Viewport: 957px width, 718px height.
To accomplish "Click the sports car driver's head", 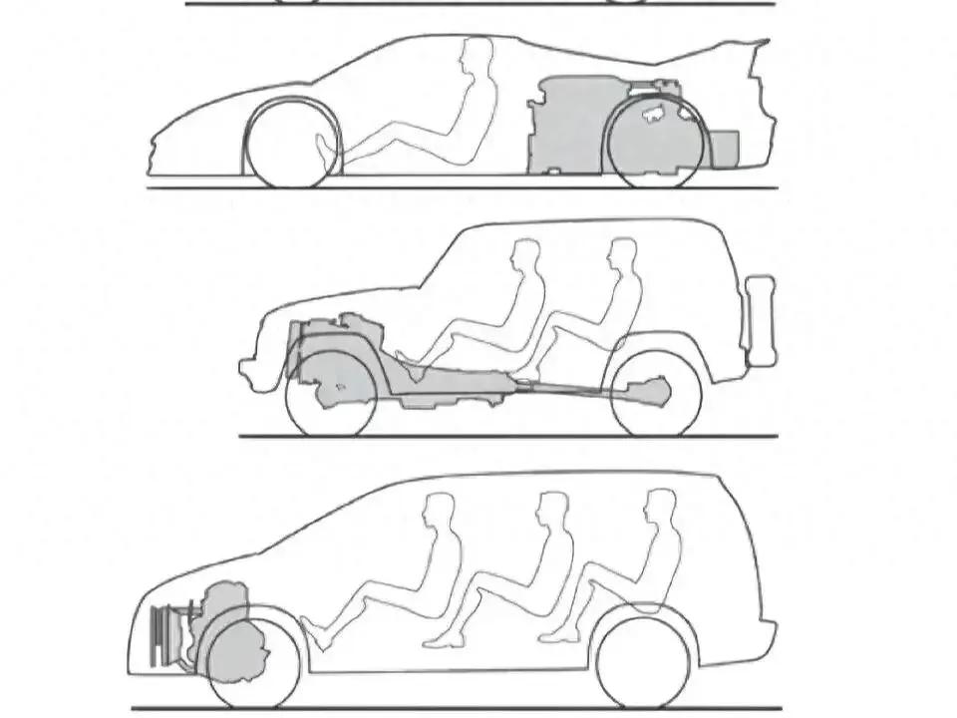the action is point(478,56).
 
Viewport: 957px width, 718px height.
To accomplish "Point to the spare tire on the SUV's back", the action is point(761,319).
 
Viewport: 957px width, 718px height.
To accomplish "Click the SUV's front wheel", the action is point(331,392).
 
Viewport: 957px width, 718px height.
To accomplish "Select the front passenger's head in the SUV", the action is point(525,257).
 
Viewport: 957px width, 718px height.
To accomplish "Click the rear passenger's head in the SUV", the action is point(623,255).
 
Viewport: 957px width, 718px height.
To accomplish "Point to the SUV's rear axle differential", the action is point(648,391).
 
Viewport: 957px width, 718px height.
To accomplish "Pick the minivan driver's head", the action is point(440,511).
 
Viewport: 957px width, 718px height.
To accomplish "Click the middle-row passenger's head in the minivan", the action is point(552,510).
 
